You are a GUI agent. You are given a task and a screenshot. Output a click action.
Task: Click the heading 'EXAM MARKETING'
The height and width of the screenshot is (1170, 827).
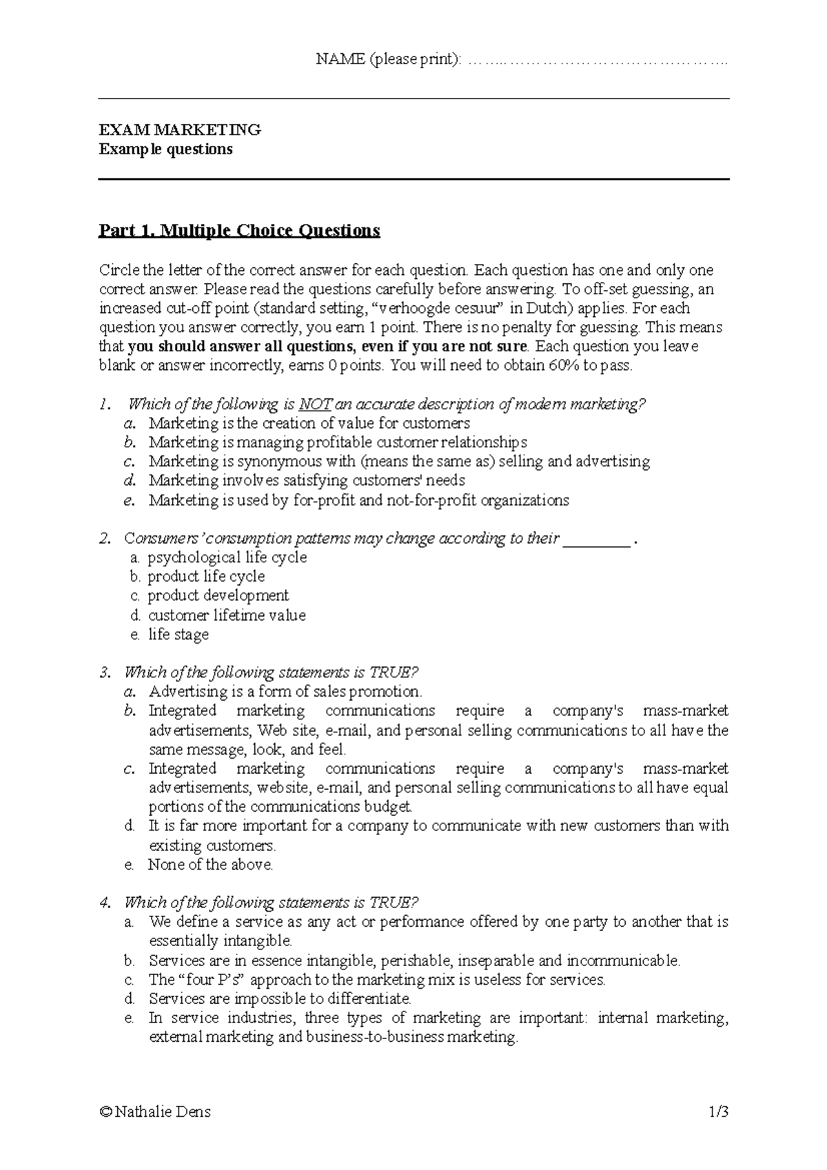pyautogui.click(x=179, y=130)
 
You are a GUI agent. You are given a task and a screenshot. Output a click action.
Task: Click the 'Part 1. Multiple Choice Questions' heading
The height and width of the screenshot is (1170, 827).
pyautogui.click(x=239, y=230)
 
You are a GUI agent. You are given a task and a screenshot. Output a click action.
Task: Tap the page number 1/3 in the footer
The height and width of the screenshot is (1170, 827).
pyautogui.click(x=719, y=1111)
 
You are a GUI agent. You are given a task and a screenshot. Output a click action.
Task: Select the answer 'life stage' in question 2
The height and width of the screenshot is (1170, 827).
pyautogui.click(x=178, y=635)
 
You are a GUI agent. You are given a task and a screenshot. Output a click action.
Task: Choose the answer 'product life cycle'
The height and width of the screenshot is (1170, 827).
pyautogui.click(x=206, y=577)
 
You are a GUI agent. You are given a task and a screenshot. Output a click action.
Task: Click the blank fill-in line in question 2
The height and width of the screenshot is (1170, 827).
pyautogui.click(x=597, y=540)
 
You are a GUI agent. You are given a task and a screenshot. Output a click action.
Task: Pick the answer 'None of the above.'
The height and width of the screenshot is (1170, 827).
pyautogui.click(x=211, y=865)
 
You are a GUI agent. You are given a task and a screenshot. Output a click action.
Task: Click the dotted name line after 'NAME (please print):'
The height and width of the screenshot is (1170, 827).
pyautogui.click(x=598, y=60)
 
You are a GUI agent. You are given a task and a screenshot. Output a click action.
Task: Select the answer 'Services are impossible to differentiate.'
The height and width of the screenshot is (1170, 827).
pyautogui.click(x=280, y=999)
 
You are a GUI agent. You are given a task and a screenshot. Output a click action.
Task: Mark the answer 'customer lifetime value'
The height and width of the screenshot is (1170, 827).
pyautogui.click(x=227, y=615)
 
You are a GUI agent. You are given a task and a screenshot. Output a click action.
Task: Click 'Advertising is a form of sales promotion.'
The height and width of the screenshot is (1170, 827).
pyautogui.click(x=285, y=692)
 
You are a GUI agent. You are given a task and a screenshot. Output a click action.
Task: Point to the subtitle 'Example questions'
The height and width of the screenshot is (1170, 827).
pyautogui.click(x=165, y=150)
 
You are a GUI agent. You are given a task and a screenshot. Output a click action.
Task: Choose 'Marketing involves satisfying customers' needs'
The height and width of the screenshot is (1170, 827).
pyautogui.click(x=307, y=480)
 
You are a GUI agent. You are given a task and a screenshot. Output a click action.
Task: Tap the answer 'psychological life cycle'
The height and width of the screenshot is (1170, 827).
pyautogui.click(x=227, y=557)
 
